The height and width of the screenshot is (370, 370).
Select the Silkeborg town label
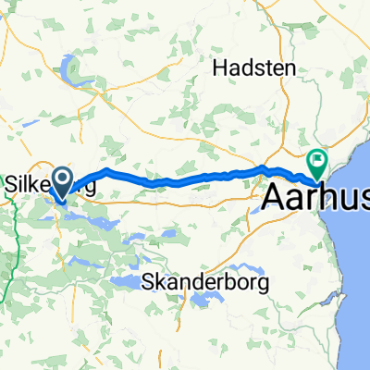[x=51, y=183]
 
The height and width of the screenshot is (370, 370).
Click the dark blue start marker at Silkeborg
[x=63, y=181]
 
